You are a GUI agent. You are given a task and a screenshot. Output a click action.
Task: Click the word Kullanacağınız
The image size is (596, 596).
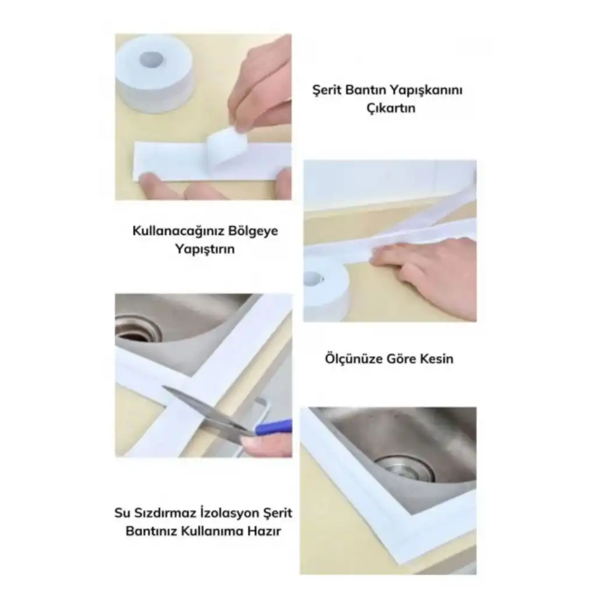click(173, 231)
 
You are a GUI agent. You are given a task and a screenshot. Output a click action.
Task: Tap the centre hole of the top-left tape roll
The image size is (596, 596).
click(152, 59)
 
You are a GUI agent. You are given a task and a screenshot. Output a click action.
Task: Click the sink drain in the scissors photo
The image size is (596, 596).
click(137, 329)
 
